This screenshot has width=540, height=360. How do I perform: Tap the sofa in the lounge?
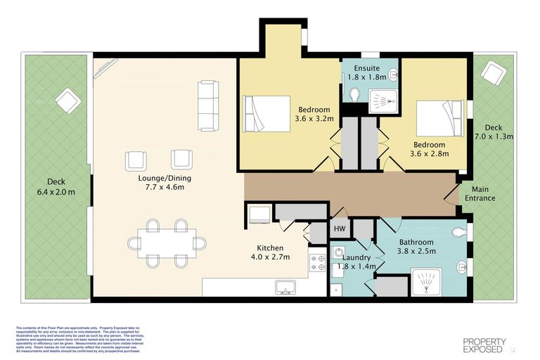(209, 105)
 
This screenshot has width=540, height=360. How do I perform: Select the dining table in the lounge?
(167, 243)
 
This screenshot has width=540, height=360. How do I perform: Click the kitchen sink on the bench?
(285, 286)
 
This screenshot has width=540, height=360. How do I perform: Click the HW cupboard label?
(340, 229)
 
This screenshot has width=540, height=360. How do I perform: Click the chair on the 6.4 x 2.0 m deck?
(68, 101)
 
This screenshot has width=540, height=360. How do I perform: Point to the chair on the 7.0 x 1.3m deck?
(492, 73)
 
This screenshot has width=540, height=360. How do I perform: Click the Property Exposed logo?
(485, 345)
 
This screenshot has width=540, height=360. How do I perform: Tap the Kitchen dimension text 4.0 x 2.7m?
(270, 258)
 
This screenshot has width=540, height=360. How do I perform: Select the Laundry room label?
(356, 257)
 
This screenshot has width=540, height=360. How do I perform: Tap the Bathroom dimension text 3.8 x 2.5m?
(416, 251)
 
